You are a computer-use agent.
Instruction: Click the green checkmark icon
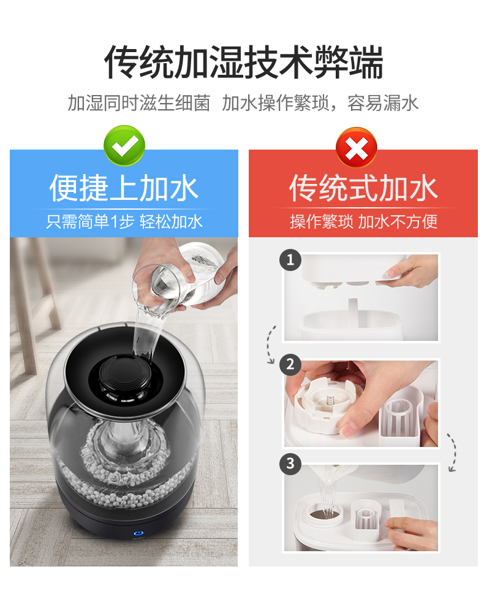124,145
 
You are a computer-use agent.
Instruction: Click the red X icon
357,148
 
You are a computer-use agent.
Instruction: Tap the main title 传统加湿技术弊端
244,62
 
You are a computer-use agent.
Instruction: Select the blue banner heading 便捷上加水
124,188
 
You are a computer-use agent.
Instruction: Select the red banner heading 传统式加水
363,188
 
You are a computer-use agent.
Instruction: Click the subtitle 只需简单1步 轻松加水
124,221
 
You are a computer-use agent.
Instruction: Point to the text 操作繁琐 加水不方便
364,221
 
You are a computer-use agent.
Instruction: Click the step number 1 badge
290,260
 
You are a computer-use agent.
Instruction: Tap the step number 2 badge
290,364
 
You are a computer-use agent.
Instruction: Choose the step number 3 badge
290,464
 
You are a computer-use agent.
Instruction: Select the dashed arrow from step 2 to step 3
452,452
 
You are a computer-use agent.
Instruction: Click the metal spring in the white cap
330,400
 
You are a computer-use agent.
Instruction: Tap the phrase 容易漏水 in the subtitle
383,103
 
